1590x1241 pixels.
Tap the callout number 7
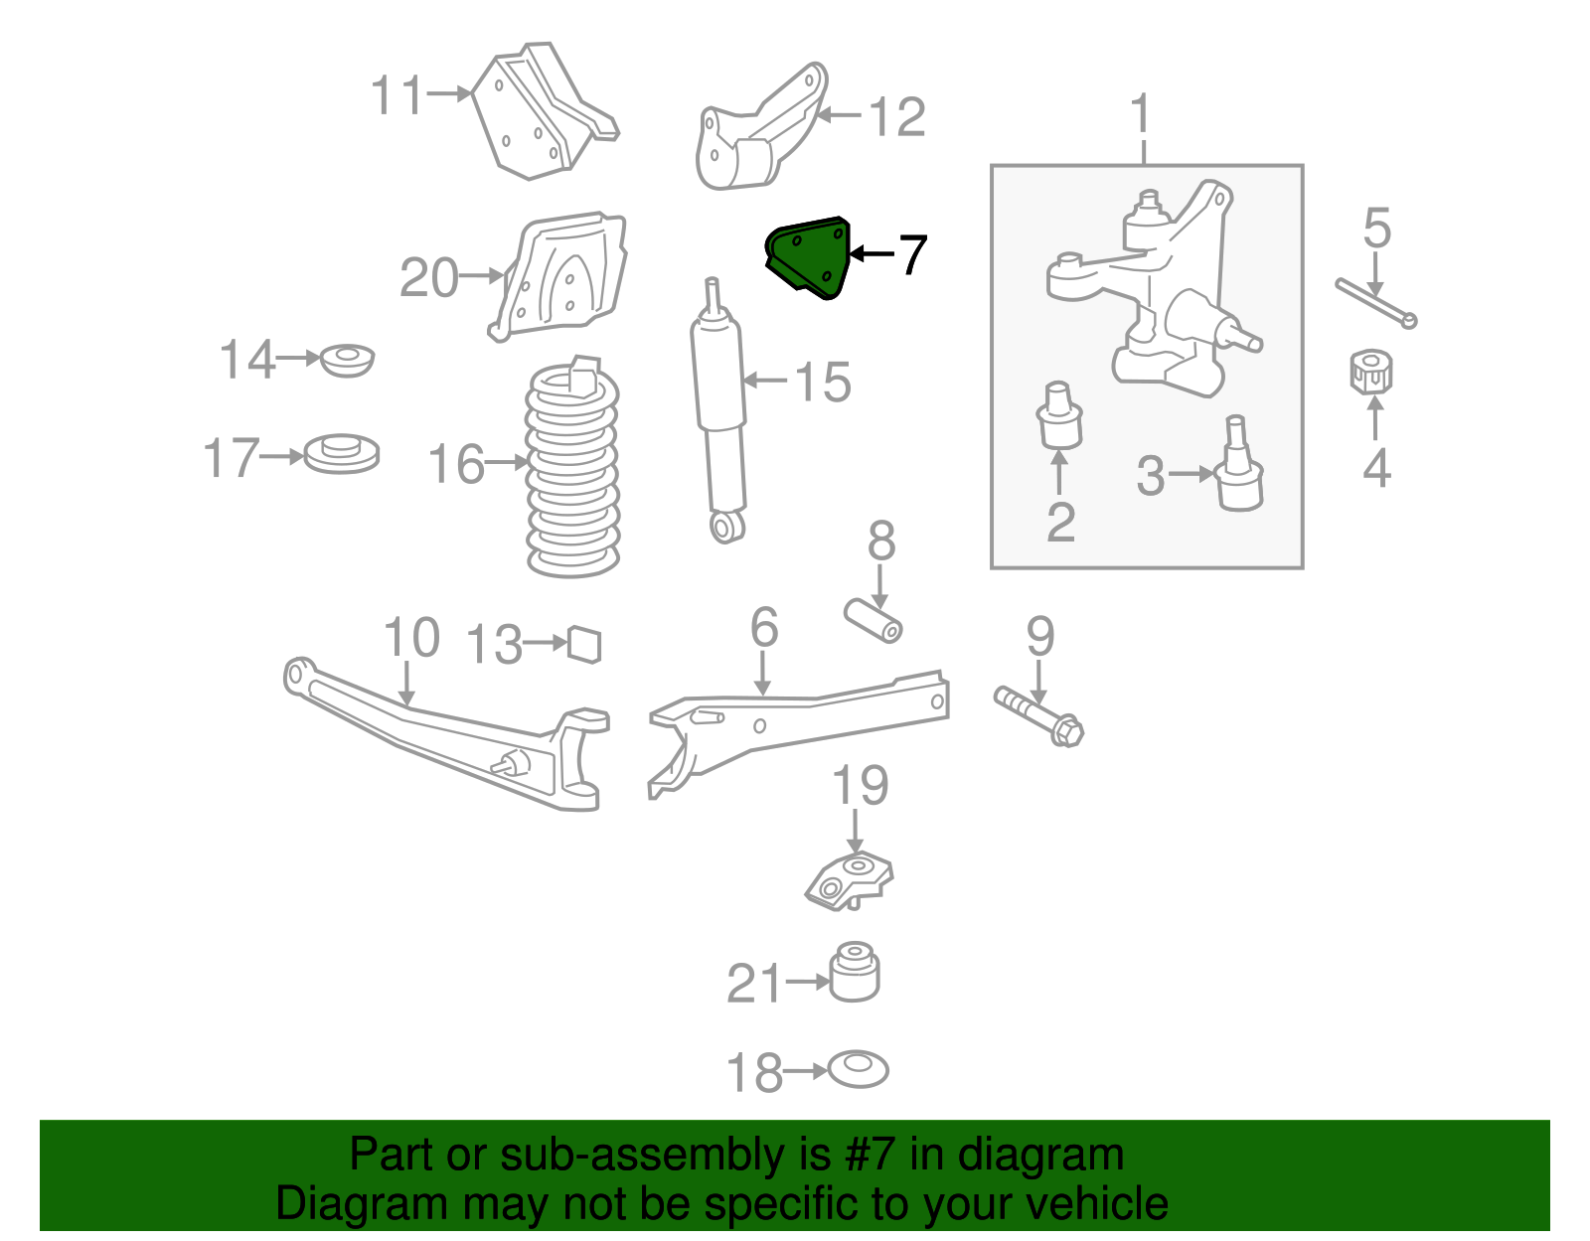coord(912,255)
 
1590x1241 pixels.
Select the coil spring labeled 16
coord(571,472)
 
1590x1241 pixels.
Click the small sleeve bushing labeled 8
coord(874,619)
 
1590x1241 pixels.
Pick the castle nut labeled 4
coord(1371,372)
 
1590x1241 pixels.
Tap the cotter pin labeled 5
coord(1375,302)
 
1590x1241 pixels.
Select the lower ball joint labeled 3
coord(1238,467)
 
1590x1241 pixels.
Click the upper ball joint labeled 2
coord(1059,416)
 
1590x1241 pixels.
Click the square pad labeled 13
coord(585,644)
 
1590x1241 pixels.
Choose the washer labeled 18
coord(859,1069)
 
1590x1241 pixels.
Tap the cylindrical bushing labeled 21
coord(855,972)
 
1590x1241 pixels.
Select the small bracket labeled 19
coord(849,879)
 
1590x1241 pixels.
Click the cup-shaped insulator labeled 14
coord(348,359)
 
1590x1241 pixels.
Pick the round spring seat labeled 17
coord(341,454)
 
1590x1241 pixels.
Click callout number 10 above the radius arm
coord(410,638)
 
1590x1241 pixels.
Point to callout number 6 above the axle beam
coord(763,628)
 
